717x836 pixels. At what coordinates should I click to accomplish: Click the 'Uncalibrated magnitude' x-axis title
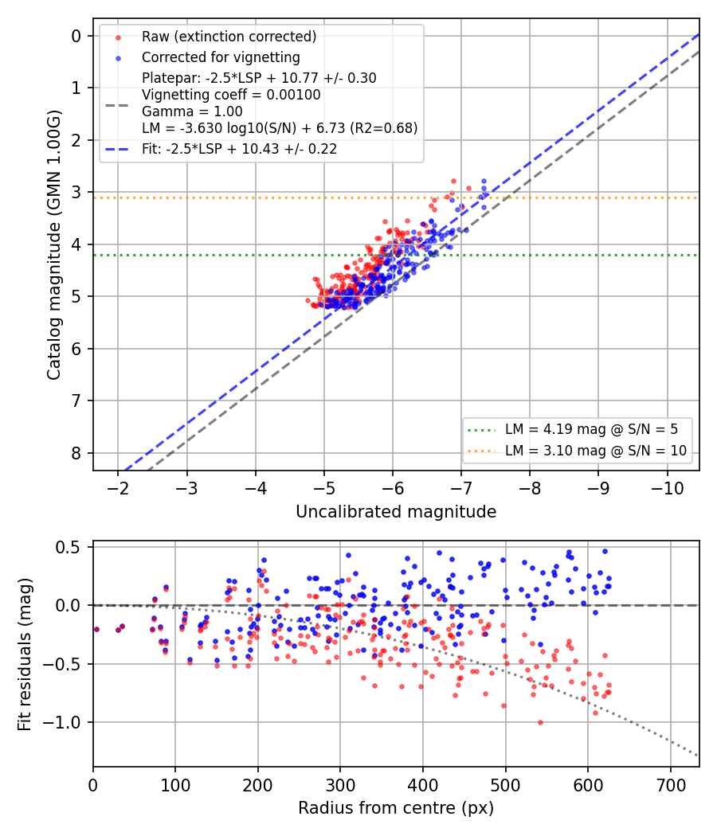tap(396, 512)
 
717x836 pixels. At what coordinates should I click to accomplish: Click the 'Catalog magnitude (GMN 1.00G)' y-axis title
tap(54, 244)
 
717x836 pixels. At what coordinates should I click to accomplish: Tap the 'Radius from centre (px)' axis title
tap(396, 808)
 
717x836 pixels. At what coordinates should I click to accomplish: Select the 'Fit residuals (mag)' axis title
tap(25, 654)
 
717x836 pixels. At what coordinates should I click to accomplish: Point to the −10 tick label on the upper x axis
tap(667, 488)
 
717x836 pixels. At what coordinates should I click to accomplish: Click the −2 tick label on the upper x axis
tap(118, 488)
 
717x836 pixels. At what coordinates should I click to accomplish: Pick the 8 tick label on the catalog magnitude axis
tap(76, 453)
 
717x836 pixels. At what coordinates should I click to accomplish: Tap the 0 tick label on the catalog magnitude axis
tap(76, 36)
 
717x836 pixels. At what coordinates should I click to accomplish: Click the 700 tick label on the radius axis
tap(671, 785)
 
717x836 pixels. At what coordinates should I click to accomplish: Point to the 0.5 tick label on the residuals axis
tap(68, 547)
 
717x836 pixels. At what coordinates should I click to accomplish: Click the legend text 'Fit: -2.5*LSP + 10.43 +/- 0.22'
tap(240, 149)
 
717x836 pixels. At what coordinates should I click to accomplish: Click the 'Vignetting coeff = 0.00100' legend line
tap(231, 95)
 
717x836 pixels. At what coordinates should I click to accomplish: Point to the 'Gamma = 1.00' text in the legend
tap(192, 111)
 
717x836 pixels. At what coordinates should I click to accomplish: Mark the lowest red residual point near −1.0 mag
tap(540, 722)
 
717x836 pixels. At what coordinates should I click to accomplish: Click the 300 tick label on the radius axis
tap(340, 785)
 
